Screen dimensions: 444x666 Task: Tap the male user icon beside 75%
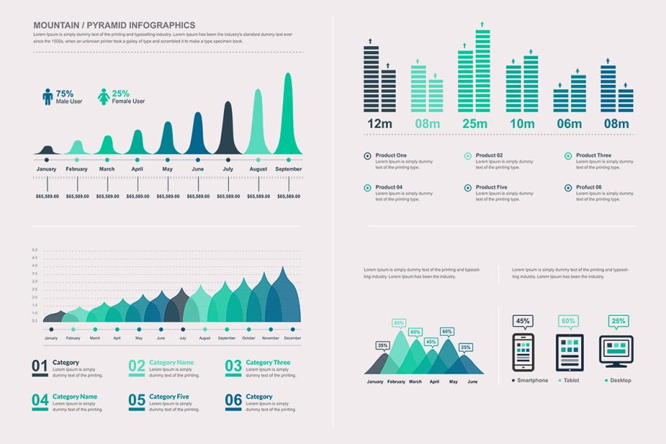click(x=48, y=97)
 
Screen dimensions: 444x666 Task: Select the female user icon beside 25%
click(x=104, y=97)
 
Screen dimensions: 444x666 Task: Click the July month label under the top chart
click(x=228, y=169)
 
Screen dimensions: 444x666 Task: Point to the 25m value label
click(x=474, y=124)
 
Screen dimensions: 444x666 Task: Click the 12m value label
click(x=380, y=124)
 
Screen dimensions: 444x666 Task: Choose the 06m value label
click(x=569, y=124)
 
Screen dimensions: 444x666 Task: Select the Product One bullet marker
click(x=367, y=156)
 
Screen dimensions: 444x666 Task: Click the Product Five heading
click(x=492, y=187)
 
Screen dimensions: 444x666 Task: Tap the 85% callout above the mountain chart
click(x=399, y=323)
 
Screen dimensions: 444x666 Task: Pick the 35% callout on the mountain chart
click(x=382, y=345)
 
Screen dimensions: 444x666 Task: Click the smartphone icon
click(x=523, y=353)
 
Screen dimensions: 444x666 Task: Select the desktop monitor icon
click(x=616, y=350)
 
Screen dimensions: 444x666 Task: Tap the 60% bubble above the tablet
click(x=568, y=320)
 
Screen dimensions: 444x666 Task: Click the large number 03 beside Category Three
click(x=233, y=366)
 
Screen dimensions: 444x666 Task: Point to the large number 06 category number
click(x=233, y=400)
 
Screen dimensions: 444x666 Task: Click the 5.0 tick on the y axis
click(x=34, y=250)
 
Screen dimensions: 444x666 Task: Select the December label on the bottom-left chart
click(x=293, y=339)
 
